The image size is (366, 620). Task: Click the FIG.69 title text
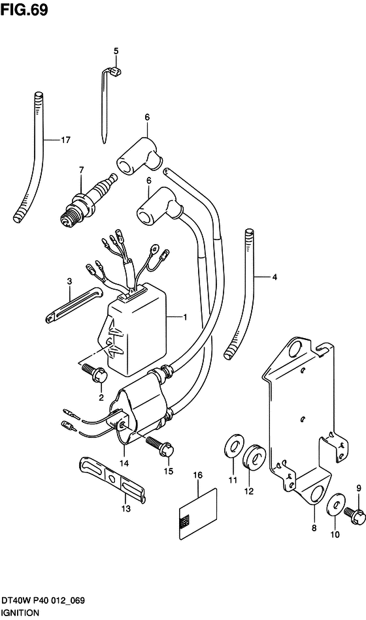[x=24, y=10]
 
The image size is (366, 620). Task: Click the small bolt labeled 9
[x=354, y=510]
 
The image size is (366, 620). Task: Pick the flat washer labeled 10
[x=335, y=504]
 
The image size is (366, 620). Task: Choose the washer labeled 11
[x=234, y=447]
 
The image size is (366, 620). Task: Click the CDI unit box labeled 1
[x=137, y=332]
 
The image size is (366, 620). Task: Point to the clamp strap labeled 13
[x=112, y=480]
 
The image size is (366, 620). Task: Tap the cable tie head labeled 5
[x=115, y=72]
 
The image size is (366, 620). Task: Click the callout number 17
[x=65, y=140]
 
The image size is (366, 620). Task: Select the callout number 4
[x=274, y=277]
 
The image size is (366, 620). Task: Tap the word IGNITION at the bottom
[x=20, y=613]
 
